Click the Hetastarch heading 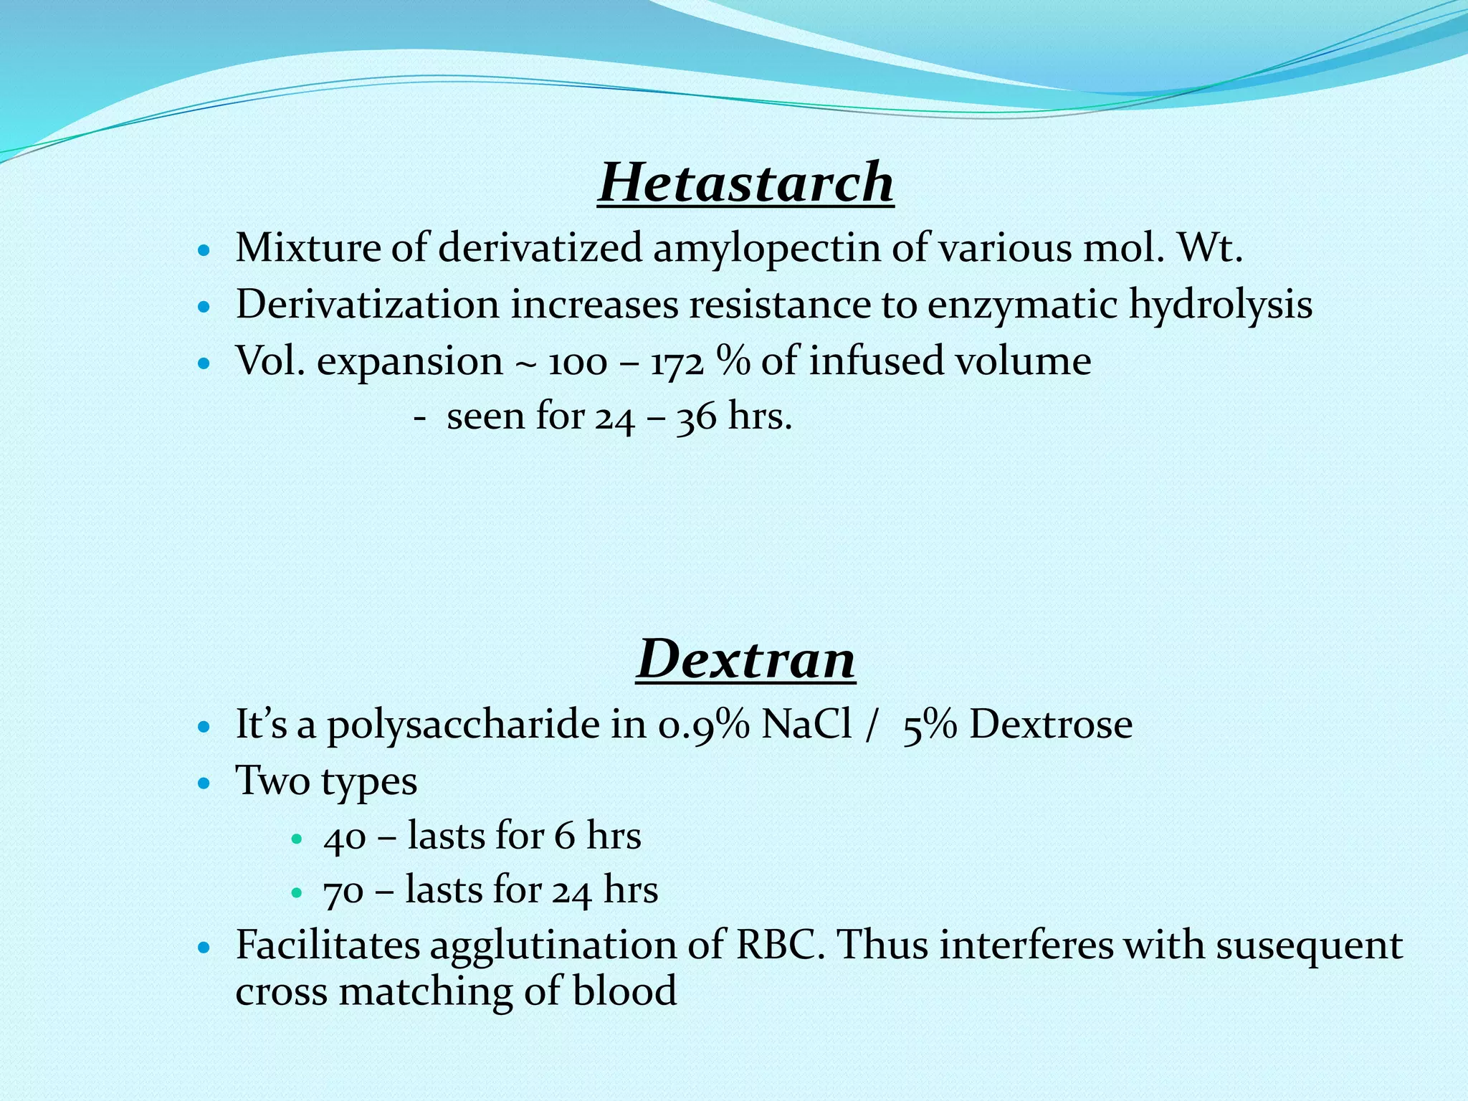coord(745,182)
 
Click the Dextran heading coord(745,659)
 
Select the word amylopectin coord(766,249)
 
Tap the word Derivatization coord(367,305)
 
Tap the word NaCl coord(806,725)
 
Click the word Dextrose coord(1051,725)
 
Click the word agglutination coord(553,946)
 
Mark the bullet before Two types coord(204,783)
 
